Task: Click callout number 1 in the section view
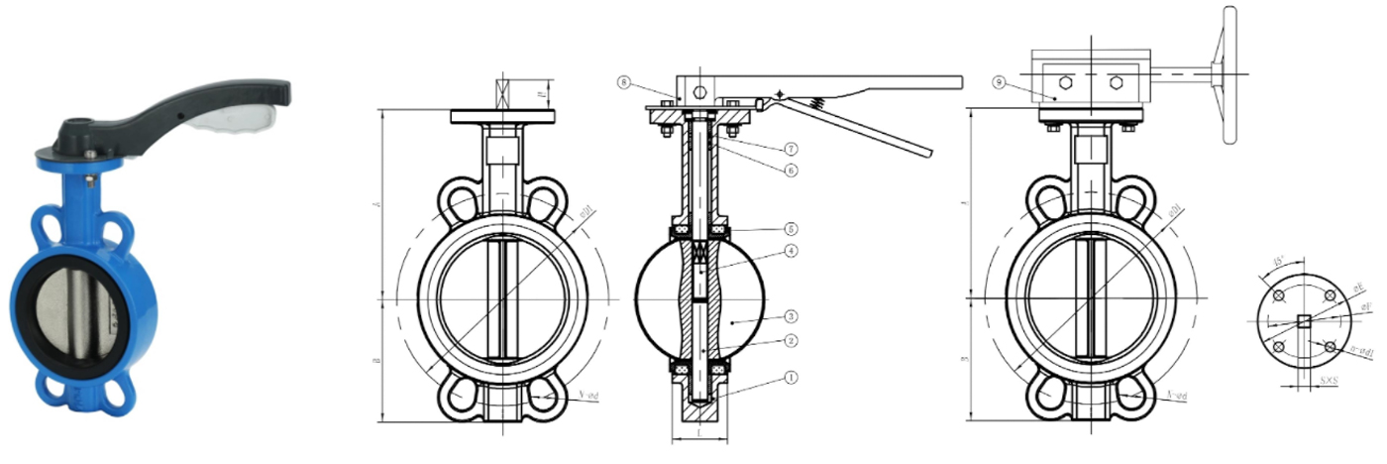click(790, 378)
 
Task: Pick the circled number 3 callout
click(790, 316)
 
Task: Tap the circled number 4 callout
click(790, 251)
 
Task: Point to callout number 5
click(790, 228)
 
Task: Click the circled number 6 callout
click(790, 170)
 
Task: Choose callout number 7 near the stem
click(790, 149)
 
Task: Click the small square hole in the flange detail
click(1304, 321)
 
